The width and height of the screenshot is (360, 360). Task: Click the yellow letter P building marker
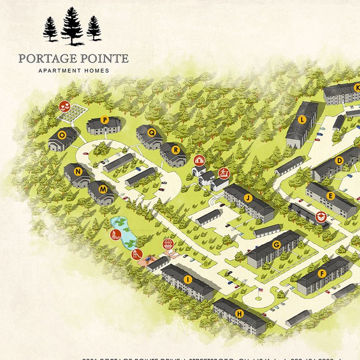[x=104, y=120]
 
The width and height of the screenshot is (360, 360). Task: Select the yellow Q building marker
[x=152, y=133]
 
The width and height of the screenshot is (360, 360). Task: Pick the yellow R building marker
[x=176, y=149]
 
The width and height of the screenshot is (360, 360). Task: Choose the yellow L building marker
[x=302, y=120]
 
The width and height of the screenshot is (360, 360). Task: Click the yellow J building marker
[x=247, y=197]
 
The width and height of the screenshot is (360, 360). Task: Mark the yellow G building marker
[x=277, y=245]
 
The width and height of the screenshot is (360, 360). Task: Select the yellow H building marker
[x=239, y=313]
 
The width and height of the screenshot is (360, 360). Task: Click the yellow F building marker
[x=322, y=274]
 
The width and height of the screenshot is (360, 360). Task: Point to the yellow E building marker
[x=329, y=196]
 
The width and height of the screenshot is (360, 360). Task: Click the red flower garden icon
[x=65, y=107]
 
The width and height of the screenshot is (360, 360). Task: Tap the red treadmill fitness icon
[x=223, y=173]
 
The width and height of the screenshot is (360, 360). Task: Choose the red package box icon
[x=199, y=161]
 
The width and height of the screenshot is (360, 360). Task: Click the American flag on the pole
[x=260, y=290]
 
